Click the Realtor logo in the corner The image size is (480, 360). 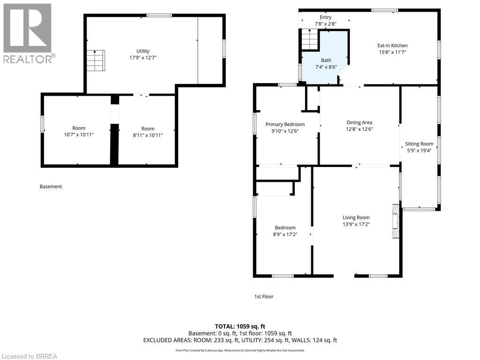coord(28,33)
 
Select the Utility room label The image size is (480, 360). coord(143,51)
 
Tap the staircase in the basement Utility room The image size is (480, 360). coord(95,60)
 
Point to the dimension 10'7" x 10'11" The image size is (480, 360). coord(79,135)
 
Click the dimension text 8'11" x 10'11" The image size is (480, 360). coord(148,135)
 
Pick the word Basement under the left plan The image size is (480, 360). coord(51,187)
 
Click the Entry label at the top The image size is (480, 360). coord(325,17)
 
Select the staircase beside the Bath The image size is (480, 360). coord(309,39)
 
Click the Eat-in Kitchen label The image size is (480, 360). coord(392,45)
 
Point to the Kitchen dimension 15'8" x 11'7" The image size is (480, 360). coord(392,52)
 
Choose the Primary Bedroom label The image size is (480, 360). coord(285,124)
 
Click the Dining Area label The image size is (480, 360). coord(359,122)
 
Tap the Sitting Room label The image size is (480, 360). coord(419,144)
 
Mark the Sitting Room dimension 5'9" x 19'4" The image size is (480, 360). coord(419,150)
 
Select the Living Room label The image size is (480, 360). coord(356,217)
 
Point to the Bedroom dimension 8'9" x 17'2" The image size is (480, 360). coord(285,234)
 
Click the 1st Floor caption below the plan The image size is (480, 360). coord(263,296)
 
